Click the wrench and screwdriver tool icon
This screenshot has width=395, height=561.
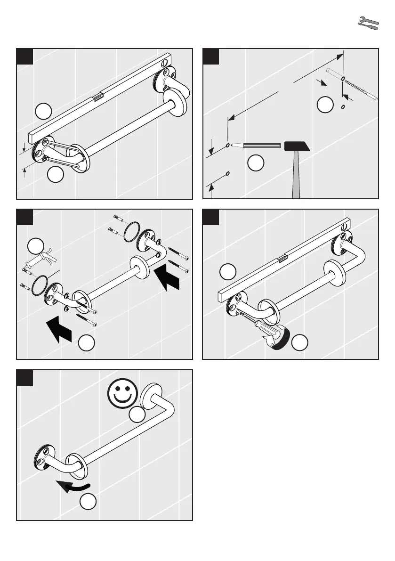[368, 24]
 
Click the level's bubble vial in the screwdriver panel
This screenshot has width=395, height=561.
[283, 258]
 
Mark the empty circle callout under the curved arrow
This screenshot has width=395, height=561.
[87, 503]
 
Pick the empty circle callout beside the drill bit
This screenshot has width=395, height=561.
[324, 105]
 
